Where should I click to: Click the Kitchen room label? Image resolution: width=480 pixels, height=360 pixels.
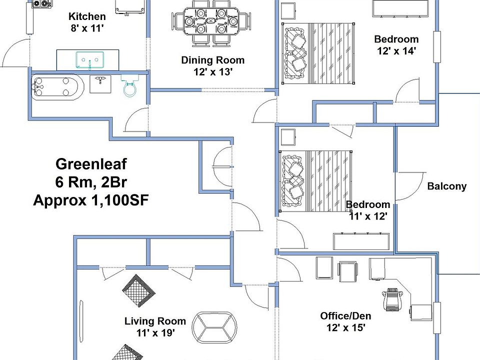point(87,16)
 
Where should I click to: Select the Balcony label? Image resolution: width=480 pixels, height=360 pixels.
point(446,186)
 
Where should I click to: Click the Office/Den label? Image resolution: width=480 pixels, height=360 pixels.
point(345,316)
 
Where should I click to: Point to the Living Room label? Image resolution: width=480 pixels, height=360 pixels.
point(155,321)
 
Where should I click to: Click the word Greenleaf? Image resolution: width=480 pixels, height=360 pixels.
point(91,164)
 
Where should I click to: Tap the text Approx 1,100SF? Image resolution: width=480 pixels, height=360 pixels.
point(91,200)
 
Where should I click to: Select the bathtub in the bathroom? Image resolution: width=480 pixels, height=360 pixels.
point(54,88)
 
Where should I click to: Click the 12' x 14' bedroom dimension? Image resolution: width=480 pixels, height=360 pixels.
point(396,50)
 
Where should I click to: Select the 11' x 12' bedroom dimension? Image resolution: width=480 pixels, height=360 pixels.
point(368,216)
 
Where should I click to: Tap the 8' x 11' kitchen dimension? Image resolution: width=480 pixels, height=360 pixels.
point(87,28)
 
